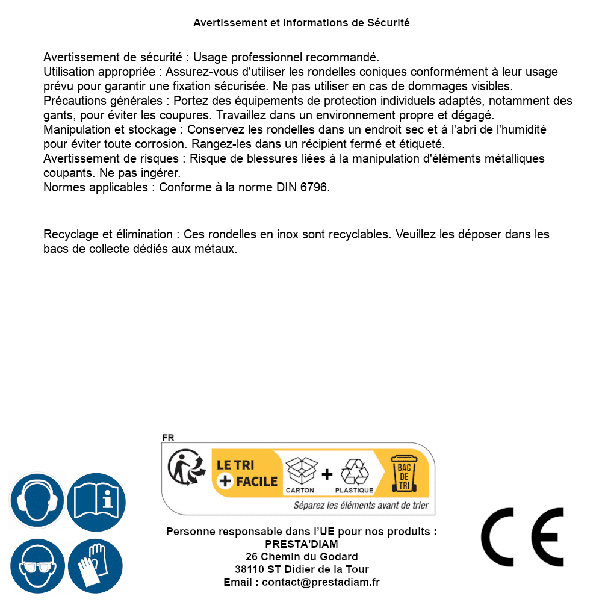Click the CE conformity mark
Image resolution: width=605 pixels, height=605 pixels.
[523, 537]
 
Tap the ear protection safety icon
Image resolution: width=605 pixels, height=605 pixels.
[37, 501]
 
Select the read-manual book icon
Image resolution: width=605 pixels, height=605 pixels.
[96, 501]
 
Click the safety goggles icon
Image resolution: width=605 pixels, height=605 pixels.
[37, 566]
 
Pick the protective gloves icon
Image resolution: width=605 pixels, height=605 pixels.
[95, 566]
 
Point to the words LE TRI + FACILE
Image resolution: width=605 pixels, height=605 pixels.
[247, 473]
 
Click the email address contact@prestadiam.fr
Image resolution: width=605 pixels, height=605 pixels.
[321, 582]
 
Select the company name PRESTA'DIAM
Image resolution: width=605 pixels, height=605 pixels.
[302, 544]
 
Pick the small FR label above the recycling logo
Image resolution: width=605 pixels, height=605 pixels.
[168, 438]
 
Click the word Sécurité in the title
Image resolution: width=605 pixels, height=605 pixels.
[388, 23]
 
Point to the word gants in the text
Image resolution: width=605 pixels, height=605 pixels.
[57, 115]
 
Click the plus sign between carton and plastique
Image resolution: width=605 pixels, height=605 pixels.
[327, 474]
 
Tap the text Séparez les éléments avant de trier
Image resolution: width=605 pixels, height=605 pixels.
[361, 506]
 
